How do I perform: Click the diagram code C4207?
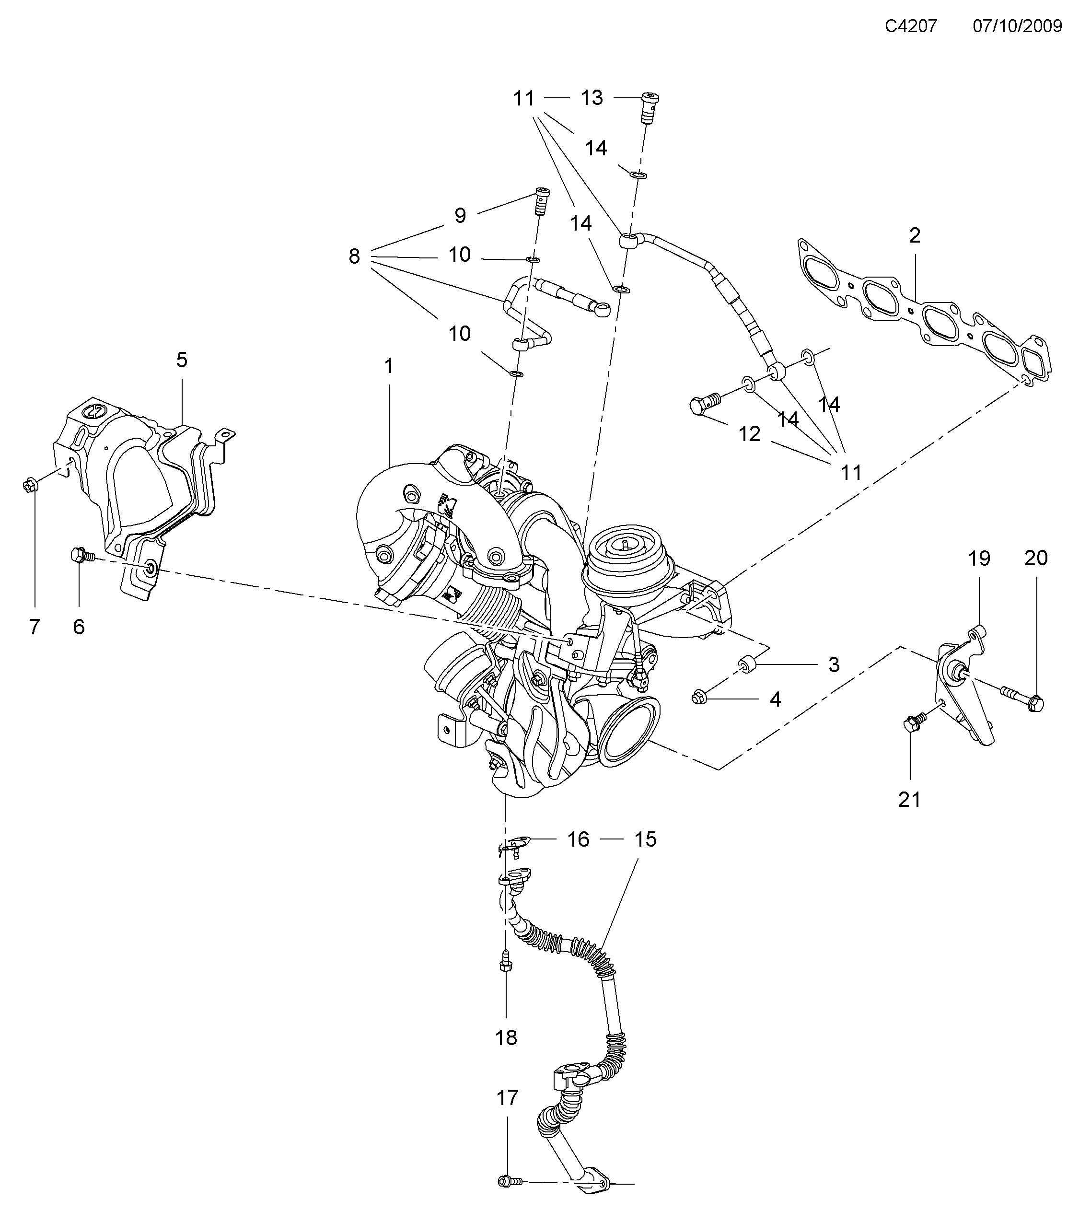pyautogui.click(x=910, y=26)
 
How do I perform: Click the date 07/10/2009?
pyautogui.click(x=1017, y=26)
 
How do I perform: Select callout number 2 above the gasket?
pyautogui.click(x=915, y=236)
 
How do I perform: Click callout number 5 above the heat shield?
pyautogui.click(x=182, y=360)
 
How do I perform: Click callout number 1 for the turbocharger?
pyautogui.click(x=389, y=366)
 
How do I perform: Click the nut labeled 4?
pyautogui.click(x=699, y=697)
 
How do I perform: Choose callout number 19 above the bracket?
pyautogui.click(x=979, y=558)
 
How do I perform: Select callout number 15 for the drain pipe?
pyautogui.click(x=645, y=839)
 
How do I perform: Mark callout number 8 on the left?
pyautogui.click(x=354, y=256)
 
